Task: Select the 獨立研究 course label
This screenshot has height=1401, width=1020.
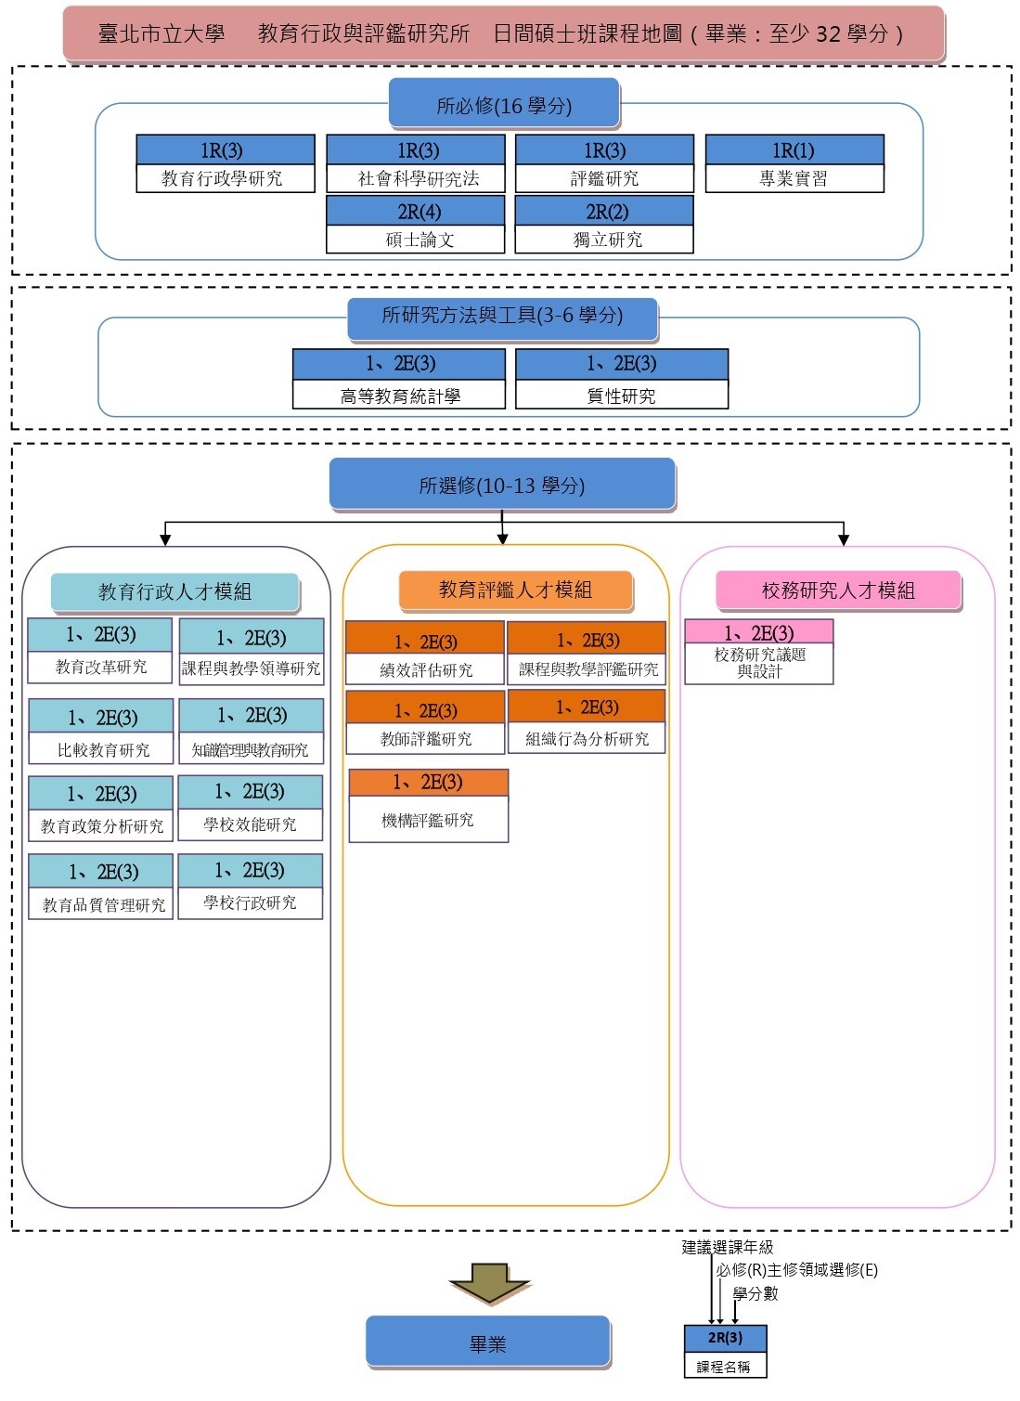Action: tap(607, 240)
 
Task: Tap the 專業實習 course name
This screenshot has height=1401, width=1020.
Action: tap(793, 179)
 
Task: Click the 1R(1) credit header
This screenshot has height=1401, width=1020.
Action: tap(794, 150)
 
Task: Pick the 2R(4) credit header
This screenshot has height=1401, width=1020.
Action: tap(415, 211)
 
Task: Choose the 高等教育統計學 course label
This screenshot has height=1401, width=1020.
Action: tap(400, 396)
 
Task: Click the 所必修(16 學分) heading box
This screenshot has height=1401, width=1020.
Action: tap(504, 103)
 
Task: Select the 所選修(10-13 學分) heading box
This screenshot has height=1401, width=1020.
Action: tap(502, 485)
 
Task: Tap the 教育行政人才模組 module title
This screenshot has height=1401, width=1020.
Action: tap(175, 591)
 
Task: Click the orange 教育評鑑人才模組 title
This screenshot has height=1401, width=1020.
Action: tap(516, 590)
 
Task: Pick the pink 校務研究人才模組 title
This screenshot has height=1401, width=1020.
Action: tap(838, 590)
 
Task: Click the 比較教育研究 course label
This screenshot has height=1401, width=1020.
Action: tap(103, 750)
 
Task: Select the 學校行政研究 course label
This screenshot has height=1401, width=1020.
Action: tap(251, 902)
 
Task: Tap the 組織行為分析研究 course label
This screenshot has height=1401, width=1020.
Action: tap(587, 739)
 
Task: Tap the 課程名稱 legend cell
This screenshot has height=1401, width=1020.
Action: tap(726, 1367)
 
